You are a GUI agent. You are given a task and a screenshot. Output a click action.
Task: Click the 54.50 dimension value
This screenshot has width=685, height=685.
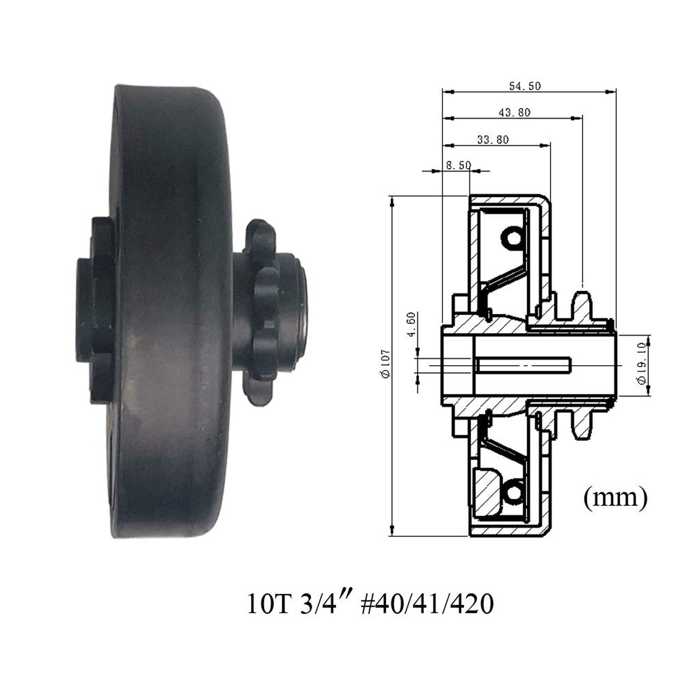coord(525,86)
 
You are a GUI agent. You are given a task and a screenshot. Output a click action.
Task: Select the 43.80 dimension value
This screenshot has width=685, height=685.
coord(514,112)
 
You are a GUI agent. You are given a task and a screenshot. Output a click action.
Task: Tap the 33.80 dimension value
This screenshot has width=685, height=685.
coord(493,140)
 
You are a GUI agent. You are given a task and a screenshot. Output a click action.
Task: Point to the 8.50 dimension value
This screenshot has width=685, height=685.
coord(458,165)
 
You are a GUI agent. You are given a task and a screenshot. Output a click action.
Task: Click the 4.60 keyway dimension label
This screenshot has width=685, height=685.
coord(411,324)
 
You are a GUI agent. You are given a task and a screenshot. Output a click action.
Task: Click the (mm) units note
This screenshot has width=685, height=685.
coord(615,498)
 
